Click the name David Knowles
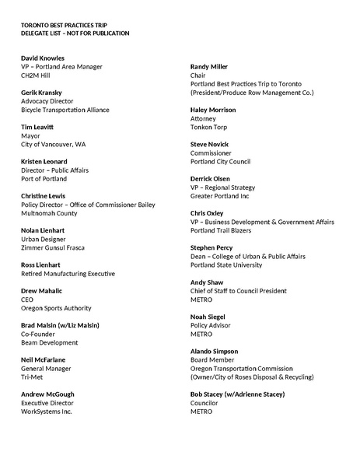click(43, 58)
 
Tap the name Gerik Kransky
click(42, 93)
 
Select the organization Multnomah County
click(50, 213)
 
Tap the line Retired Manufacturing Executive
click(68, 273)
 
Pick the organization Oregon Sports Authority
click(56, 308)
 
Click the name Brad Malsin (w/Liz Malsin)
click(61, 325)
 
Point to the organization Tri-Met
click(33, 377)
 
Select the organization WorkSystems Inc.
click(47, 411)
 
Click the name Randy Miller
click(209, 67)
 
